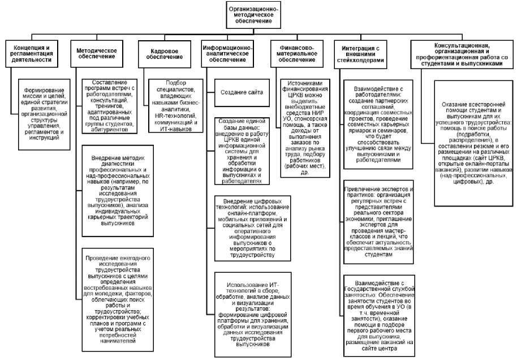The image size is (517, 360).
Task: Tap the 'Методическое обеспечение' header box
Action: point(97,54)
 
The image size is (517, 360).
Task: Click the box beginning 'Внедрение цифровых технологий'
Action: point(243,227)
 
